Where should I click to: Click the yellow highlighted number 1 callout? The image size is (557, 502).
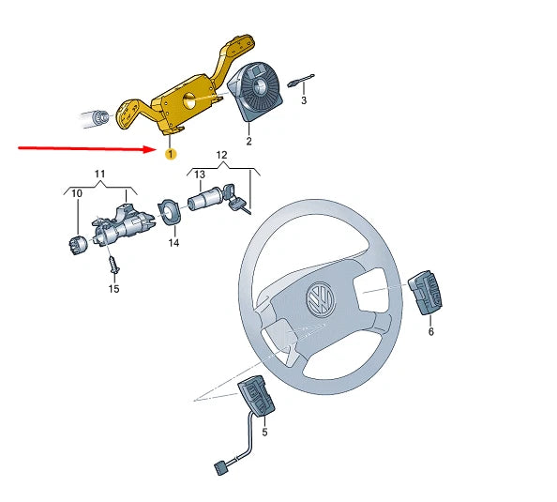(x=170, y=153)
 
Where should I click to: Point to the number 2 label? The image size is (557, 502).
(x=248, y=142)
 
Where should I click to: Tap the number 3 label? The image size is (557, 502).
(x=303, y=100)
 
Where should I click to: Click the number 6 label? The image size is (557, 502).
(x=430, y=331)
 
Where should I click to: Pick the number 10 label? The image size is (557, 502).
(x=77, y=193)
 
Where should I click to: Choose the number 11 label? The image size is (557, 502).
(x=99, y=175)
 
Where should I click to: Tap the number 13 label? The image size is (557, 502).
(x=199, y=175)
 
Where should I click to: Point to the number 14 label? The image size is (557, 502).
(x=173, y=243)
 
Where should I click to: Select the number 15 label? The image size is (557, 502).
(x=113, y=288)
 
